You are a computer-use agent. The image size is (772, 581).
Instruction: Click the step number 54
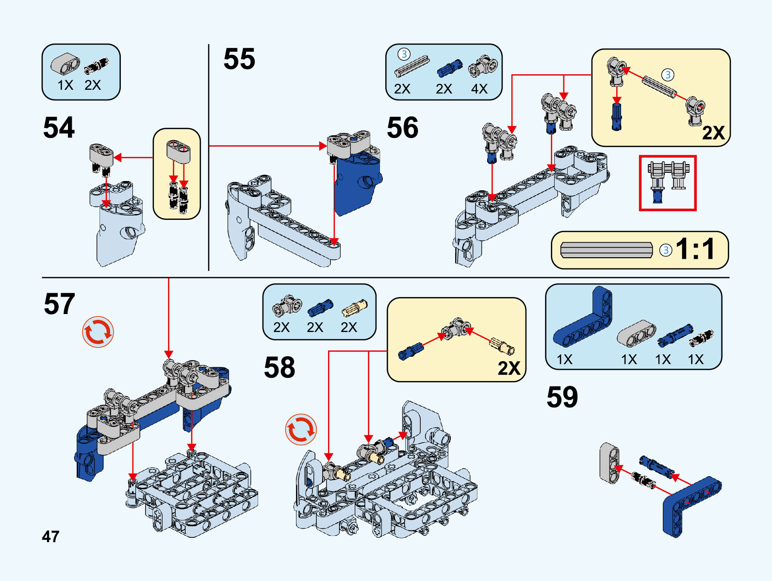[59, 128]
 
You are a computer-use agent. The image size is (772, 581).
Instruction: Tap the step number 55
[239, 59]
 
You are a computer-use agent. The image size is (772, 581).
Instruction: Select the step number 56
[402, 128]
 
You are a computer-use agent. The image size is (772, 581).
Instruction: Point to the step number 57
[59, 304]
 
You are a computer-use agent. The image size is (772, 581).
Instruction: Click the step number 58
[279, 367]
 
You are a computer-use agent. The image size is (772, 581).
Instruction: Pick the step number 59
[562, 397]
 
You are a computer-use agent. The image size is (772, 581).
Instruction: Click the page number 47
[50, 536]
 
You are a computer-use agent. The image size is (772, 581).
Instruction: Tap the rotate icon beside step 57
[98, 332]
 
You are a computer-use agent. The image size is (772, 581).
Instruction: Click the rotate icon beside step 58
[301, 430]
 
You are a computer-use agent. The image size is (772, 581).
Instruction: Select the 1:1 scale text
[695, 249]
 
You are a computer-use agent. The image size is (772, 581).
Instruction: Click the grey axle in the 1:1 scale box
[606, 250]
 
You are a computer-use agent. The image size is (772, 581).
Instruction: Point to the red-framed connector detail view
[668, 183]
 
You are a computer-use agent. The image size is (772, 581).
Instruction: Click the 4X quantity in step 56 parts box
[479, 89]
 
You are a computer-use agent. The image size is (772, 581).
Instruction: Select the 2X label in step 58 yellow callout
[509, 368]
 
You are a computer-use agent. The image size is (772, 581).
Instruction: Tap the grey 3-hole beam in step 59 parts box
[636, 334]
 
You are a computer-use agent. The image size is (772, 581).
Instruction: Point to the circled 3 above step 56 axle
[404, 54]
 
